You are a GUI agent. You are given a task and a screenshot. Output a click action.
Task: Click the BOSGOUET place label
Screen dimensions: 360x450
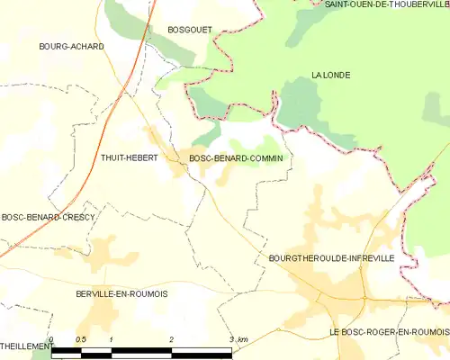pos(190,30)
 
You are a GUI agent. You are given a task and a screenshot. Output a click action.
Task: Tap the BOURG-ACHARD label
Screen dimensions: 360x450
pos(71,46)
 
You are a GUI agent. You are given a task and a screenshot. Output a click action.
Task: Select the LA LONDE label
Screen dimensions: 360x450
pos(330,75)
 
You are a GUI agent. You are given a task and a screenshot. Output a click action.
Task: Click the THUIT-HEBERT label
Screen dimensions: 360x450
pos(130,158)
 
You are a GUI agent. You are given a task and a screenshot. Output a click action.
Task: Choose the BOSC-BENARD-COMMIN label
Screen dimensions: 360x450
pos(236,158)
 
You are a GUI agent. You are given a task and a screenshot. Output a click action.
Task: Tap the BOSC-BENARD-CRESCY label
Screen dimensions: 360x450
pos(43,217)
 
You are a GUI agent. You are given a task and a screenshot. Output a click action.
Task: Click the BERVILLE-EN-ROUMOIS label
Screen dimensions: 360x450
pos(122,294)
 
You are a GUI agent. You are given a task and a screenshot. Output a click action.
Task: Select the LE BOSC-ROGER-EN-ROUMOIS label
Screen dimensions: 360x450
pos(388,332)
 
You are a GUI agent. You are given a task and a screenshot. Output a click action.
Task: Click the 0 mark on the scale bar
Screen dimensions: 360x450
pos(51,339)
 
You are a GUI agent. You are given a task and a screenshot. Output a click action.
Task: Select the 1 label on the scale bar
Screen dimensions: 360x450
pos(111,339)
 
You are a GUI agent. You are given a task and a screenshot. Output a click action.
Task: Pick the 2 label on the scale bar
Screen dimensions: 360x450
pos(171,339)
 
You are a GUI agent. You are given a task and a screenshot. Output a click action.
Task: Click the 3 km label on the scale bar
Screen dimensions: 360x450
pos(238,339)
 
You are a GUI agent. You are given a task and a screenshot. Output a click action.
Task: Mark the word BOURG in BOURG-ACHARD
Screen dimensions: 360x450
pos(55,46)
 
